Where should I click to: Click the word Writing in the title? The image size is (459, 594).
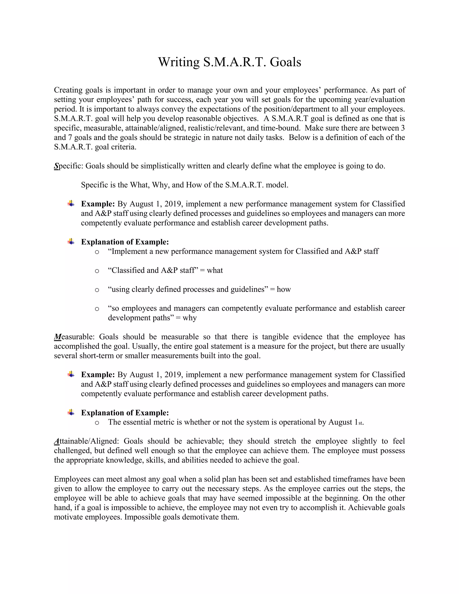[179, 62]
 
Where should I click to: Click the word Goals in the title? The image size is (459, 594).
[285, 62]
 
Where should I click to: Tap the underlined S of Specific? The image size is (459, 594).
[56, 166]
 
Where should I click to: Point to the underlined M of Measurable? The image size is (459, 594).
[58, 337]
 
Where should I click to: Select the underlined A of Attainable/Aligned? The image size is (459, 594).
[56, 441]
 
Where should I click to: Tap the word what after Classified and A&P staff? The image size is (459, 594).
[214, 270]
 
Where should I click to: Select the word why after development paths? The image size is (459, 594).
[190, 318]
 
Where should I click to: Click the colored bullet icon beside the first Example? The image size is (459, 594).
[71, 204]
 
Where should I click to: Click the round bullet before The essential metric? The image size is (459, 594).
[97, 423]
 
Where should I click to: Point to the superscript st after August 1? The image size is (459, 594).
[360, 423]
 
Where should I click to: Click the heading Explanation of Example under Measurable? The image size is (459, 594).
[125, 413]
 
